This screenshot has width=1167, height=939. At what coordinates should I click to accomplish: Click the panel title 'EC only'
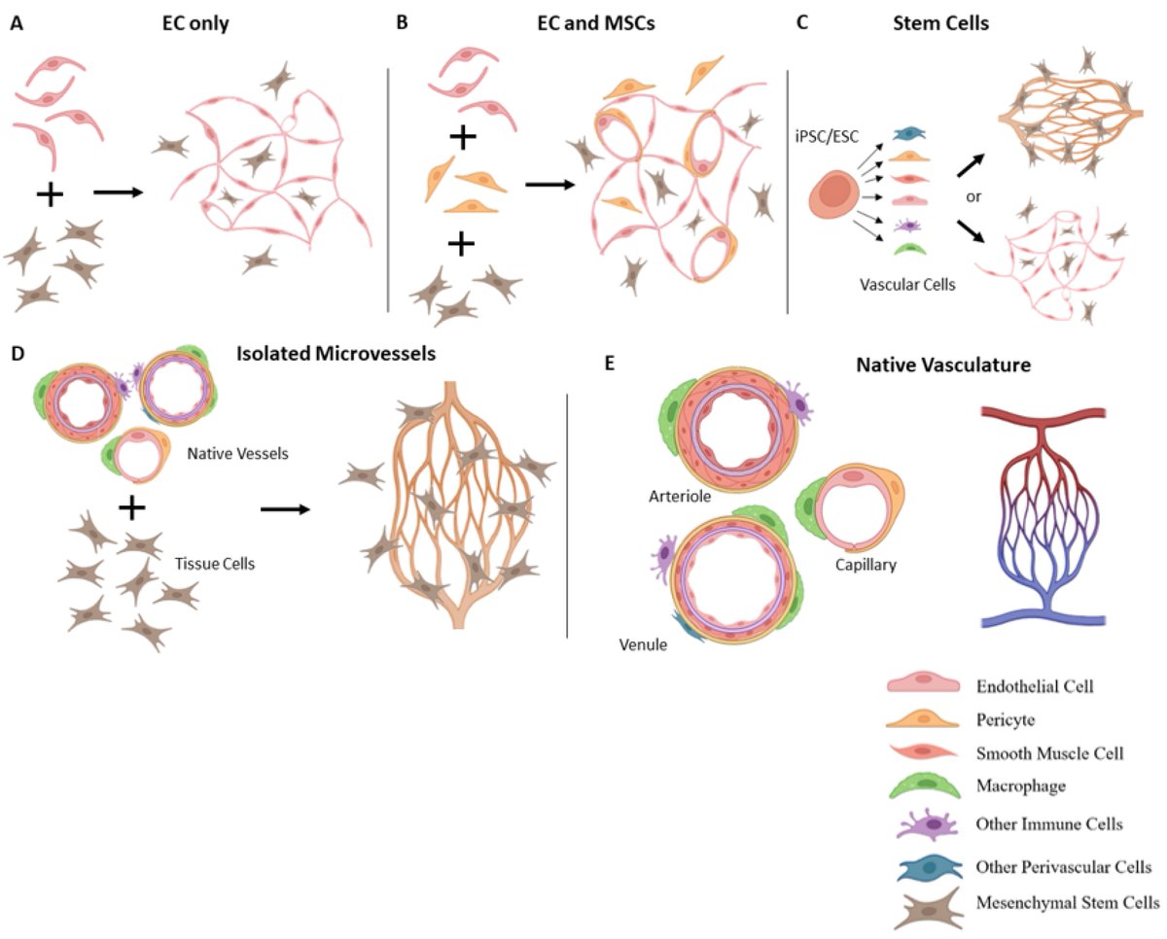point(195,23)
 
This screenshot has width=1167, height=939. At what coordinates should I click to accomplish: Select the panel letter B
point(402,23)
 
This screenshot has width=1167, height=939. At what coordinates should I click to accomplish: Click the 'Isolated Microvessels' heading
point(336,353)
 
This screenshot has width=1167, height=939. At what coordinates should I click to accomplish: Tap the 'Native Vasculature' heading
point(943,366)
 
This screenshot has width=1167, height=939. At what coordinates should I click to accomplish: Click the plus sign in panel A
point(49,194)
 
